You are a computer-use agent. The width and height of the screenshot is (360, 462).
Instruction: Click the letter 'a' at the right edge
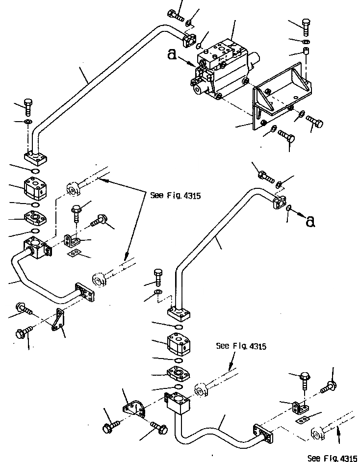309,222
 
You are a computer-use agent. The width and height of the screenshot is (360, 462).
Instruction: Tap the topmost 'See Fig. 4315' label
175,196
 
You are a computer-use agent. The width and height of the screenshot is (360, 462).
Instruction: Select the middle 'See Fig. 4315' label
241,346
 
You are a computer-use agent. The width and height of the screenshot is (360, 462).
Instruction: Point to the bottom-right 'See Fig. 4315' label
332,458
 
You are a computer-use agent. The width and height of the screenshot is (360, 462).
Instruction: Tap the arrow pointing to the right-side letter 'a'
297,215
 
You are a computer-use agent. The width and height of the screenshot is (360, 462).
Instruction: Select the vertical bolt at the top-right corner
306,26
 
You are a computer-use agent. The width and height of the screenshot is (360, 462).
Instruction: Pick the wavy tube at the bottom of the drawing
216,432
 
